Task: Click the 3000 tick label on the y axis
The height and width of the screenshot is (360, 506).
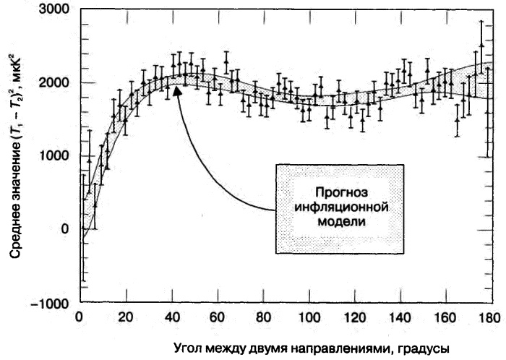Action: tap(54, 9)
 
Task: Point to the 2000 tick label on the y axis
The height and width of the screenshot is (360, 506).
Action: tap(54, 82)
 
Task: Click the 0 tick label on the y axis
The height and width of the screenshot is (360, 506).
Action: tap(64, 229)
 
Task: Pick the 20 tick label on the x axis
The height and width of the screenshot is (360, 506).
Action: tap(126, 316)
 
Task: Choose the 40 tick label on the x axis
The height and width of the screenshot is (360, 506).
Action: tap(173, 316)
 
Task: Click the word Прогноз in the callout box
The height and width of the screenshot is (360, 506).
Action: tap(343, 192)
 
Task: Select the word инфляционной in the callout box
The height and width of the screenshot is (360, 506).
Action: tap(342, 207)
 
